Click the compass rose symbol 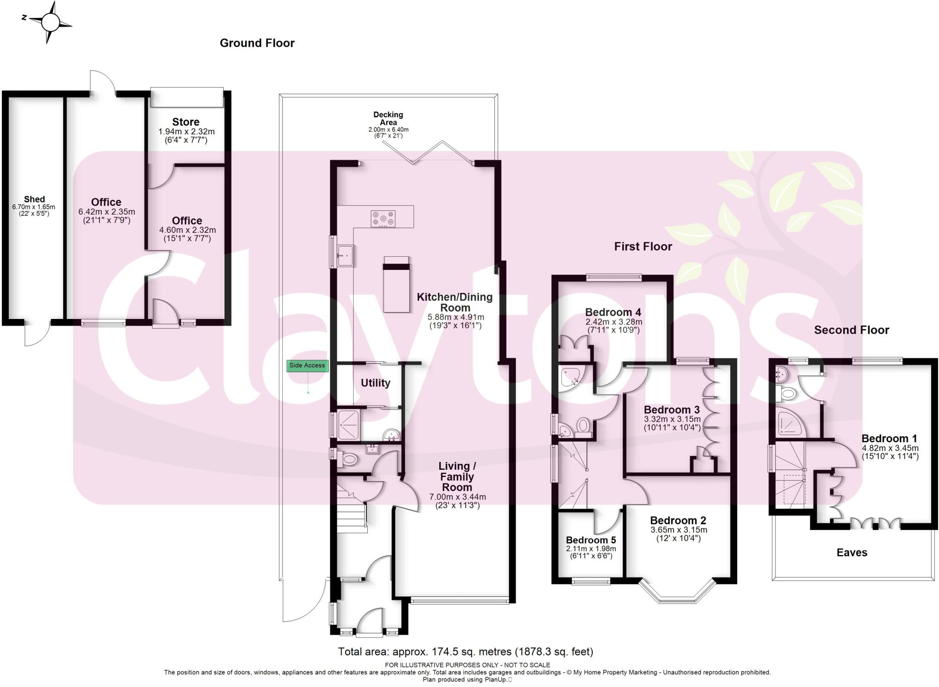pyautogui.click(x=51, y=22)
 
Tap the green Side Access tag pyautogui.click(x=307, y=366)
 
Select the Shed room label pyautogui.click(x=34, y=199)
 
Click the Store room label pyautogui.click(x=186, y=122)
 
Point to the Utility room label pyautogui.click(x=376, y=383)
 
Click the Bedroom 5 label pyautogui.click(x=591, y=540)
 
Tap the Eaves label pyautogui.click(x=852, y=553)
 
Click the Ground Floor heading pyautogui.click(x=257, y=43)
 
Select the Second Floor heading pyautogui.click(x=851, y=330)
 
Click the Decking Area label pyautogui.click(x=388, y=118)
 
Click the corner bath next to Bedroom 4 pyautogui.click(x=570, y=376)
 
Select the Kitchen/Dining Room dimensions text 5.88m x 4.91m pyautogui.click(x=456, y=317)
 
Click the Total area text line pyautogui.click(x=465, y=651)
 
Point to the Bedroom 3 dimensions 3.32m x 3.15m pyautogui.click(x=672, y=419)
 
